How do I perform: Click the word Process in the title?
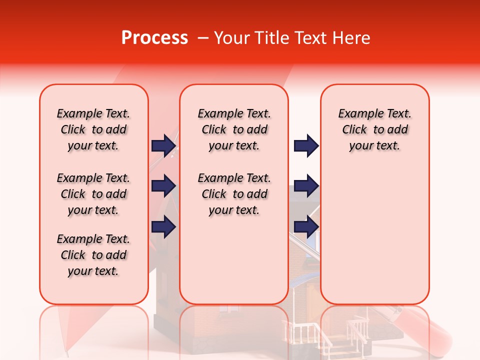154,38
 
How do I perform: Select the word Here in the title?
349,38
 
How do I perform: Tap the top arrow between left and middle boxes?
163,145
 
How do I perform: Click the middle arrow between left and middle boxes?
163,186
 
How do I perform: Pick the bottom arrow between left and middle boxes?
163,227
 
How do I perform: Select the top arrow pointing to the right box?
306,145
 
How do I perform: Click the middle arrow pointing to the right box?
306,186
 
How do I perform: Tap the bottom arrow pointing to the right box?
306,227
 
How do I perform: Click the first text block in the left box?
93,129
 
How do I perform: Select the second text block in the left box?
93,194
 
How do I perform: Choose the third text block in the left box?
93,255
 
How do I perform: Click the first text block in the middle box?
234,129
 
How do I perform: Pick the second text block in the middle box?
234,194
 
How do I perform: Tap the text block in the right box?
374,129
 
